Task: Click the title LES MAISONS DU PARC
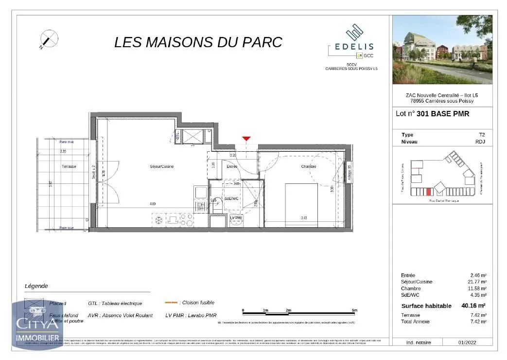click(x=198, y=42)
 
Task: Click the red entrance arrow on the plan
click(x=246, y=139)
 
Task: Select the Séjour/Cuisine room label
click(x=161, y=166)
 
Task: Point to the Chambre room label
click(x=308, y=166)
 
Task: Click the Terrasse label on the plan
click(x=69, y=166)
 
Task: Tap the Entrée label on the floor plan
click(x=232, y=166)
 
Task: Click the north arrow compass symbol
click(x=49, y=39)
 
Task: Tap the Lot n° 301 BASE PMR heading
click(x=425, y=114)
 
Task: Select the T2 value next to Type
click(x=482, y=135)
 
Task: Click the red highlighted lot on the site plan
click(x=428, y=192)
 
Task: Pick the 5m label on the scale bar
click(x=354, y=310)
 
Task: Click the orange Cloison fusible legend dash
click(x=171, y=302)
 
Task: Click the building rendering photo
click(x=442, y=50)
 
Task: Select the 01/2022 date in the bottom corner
click(x=468, y=342)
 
